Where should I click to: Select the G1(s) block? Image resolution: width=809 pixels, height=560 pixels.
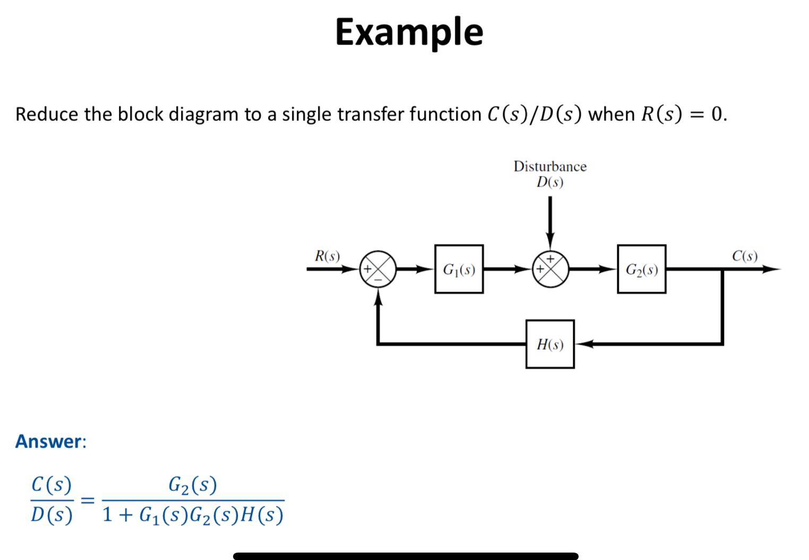(x=459, y=269)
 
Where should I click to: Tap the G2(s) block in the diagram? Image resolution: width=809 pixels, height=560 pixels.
(x=641, y=269)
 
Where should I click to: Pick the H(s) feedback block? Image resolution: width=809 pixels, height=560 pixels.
(x=550, y=344)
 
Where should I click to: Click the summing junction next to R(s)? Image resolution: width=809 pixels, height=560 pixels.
(x=378, y=269)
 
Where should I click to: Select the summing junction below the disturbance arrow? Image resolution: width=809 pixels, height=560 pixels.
(x=550, y=269)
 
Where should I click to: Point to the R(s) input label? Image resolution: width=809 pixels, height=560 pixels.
(x=327, y=256)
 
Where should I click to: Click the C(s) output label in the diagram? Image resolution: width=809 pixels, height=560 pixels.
(x=745, y=256)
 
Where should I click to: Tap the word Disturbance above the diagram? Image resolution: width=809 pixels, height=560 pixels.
(x=550, y=167)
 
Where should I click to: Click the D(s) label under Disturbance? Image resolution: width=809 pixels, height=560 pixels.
(x=550, y=182)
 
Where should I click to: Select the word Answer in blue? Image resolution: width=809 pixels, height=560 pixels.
(x=49, y=441)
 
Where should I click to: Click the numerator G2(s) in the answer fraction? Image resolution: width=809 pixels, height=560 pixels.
(x=193, y=485)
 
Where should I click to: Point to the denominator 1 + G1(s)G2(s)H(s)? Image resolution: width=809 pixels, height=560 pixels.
(x=193, y=515)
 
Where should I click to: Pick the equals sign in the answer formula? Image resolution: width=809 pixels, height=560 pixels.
(x=87, y=500)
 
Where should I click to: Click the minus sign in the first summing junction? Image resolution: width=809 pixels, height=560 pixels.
(x=378, y=279)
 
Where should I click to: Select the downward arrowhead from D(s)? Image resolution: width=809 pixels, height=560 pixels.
(x=550, y=241)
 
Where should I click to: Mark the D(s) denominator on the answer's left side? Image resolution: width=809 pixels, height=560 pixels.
(x=51, y=515)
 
